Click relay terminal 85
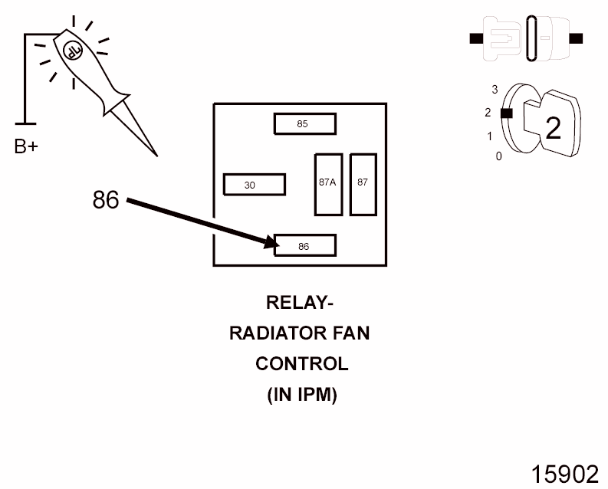coord(305,123)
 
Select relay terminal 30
coord(255,185)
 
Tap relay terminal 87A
coord(328,185)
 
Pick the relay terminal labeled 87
coord(363,185)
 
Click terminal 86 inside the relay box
coord(305,245)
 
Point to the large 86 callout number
coord(106,200)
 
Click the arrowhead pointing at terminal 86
coord(272,243)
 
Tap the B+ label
coord(26,146)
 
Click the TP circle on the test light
coord(73,51)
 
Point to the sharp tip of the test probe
coord(157,156)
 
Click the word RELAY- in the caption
coord(300,303)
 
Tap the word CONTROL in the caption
coord(301,364)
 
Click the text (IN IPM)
coord(302,395)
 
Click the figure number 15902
coord(564,474)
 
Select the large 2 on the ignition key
coord(553,128)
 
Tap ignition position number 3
coord(495,90)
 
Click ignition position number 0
coord(498,156)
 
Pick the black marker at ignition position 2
coord(506,113)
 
